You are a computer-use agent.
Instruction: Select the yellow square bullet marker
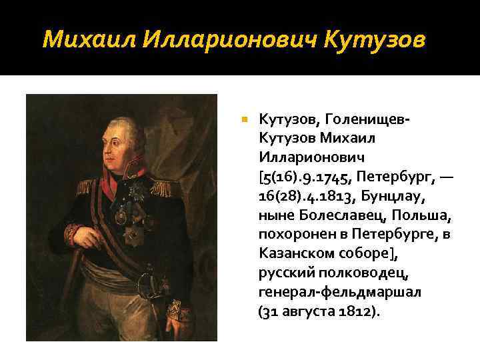(244, 119)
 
